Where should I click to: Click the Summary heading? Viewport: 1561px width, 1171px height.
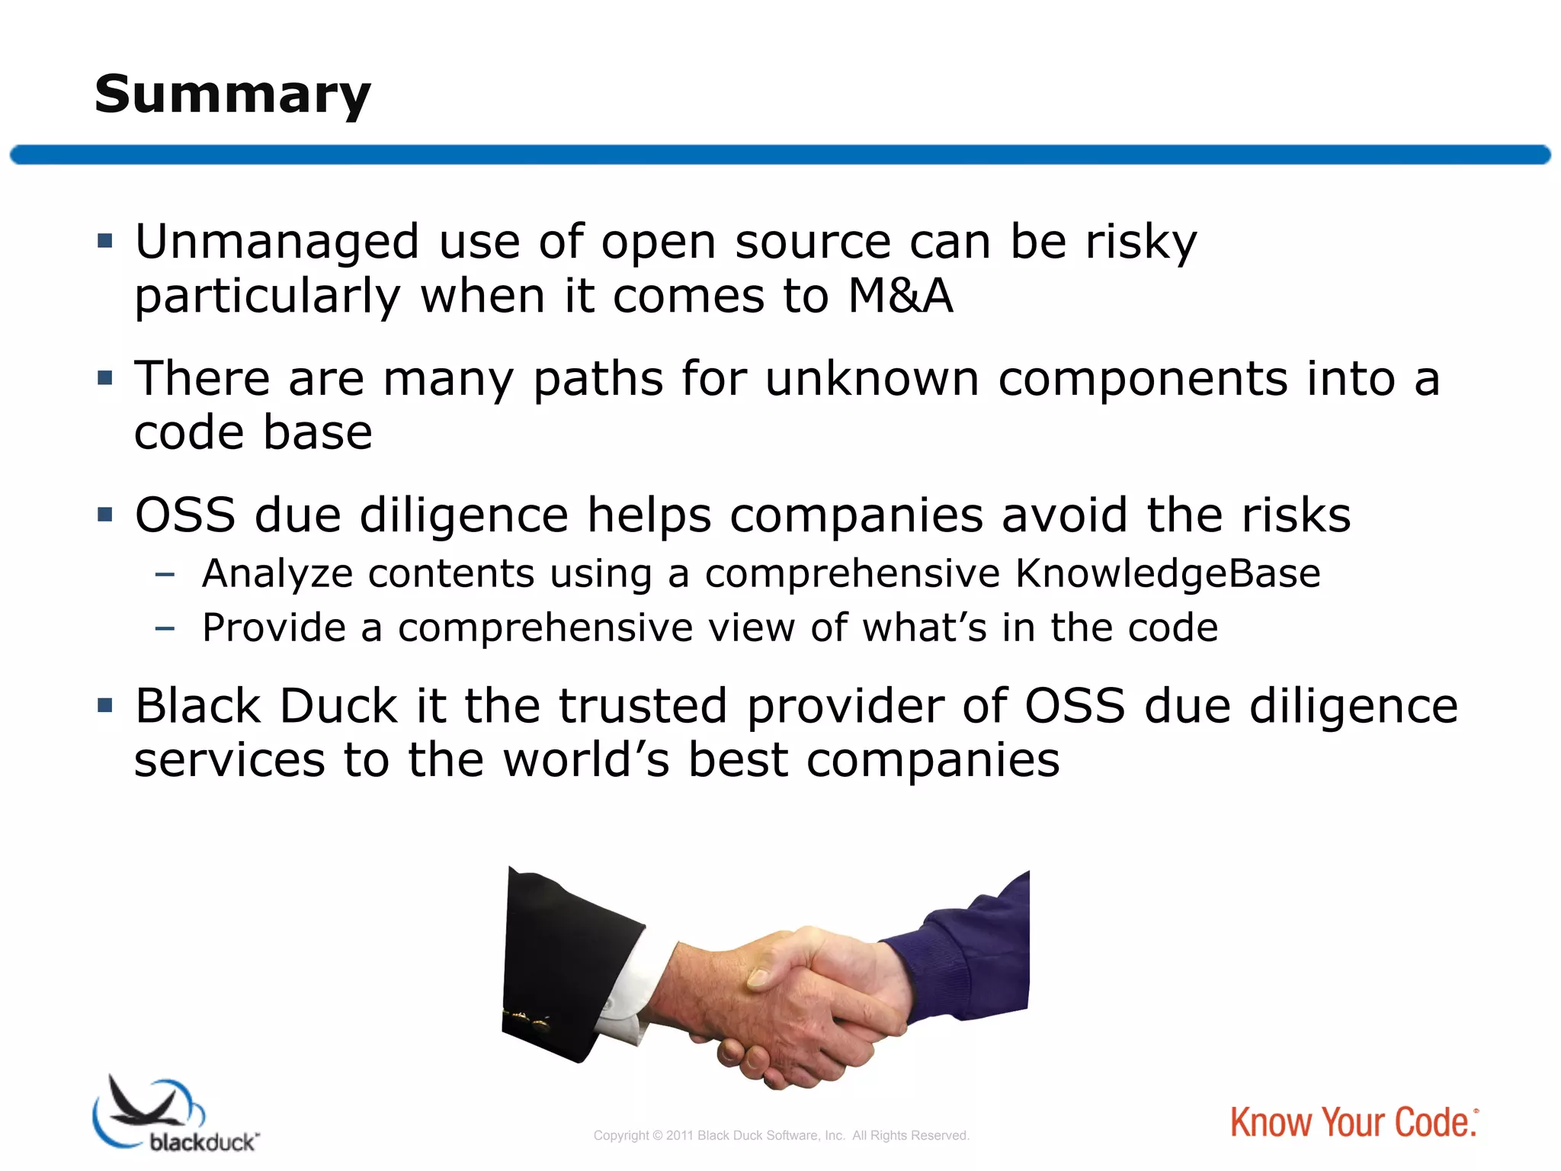(232, 95)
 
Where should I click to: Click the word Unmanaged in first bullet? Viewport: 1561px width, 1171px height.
(277, 242)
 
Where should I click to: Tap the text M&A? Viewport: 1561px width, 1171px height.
(900, 296)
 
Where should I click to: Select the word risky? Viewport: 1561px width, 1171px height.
(1141, 242)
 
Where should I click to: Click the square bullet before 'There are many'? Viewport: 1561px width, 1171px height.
(105, 377)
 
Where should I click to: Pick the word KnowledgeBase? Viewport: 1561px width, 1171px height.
(1168, 573)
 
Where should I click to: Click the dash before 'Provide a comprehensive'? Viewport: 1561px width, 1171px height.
(165, 628)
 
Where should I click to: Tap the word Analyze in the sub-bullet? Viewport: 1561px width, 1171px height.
(277, 573)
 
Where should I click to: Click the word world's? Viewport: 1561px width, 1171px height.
(586, 760)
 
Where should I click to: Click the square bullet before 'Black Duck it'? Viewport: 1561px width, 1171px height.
(105, 705)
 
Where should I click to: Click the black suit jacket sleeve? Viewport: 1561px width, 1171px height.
(564, 961)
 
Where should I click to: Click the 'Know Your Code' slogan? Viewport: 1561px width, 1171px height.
(1354, 1123)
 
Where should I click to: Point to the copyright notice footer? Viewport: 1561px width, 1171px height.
(781, 1136)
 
